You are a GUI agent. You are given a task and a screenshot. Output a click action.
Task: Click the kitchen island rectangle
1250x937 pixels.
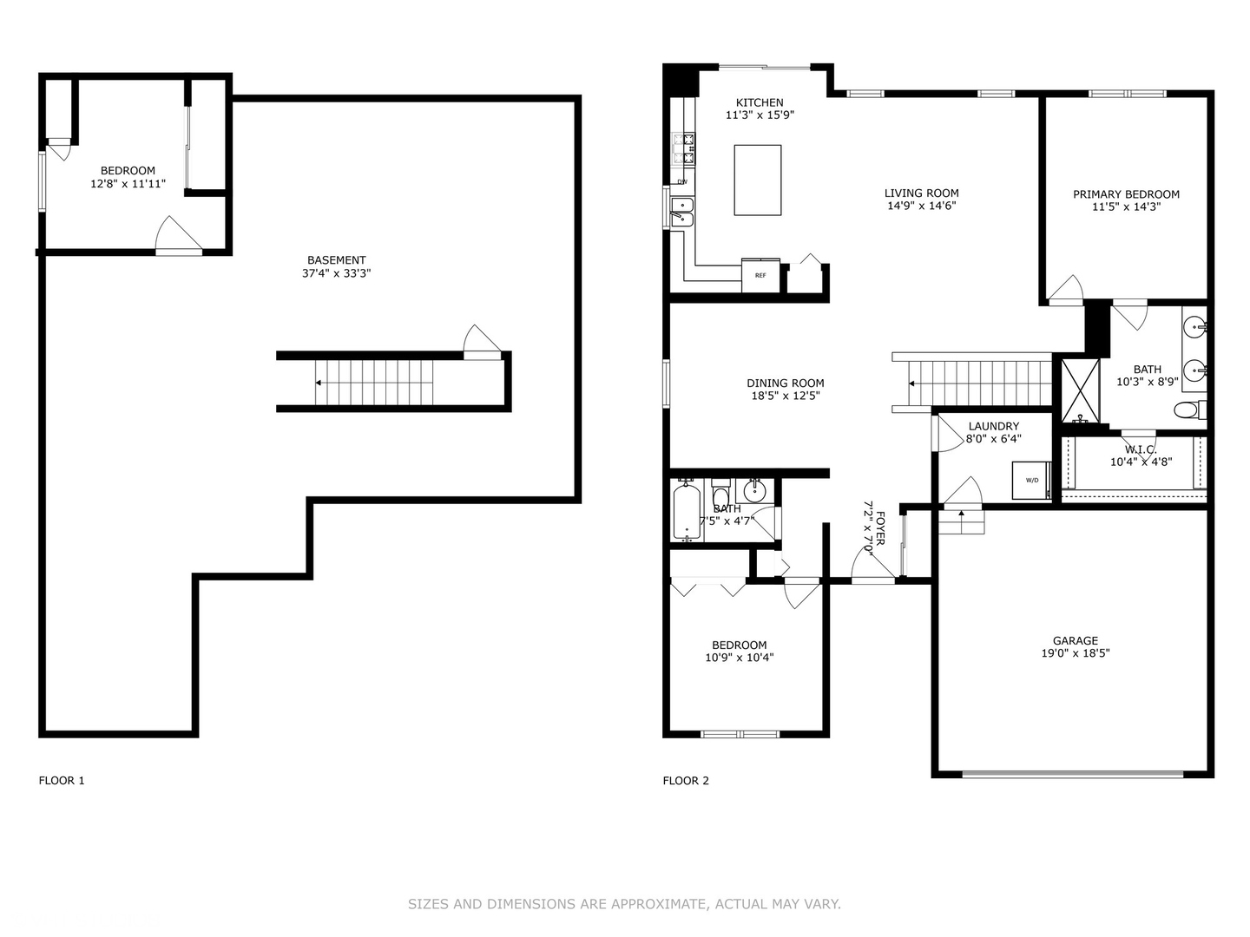pyautogui.click(x=757, y=180)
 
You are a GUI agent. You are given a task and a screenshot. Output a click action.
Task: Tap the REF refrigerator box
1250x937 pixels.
pyautogui.click(x=760, y=275)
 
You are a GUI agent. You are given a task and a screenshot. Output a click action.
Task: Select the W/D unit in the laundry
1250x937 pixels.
pyautogui.click(x=1031, y=480)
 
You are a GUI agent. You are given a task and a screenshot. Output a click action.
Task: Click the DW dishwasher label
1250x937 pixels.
pyautogui.click(x=682, y=181)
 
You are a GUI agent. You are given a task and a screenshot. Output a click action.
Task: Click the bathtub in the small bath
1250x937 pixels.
pyautogui.click(x=686, y=512)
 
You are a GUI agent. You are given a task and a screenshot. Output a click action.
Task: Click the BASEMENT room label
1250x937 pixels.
pyautogui.click(x=337, y=260)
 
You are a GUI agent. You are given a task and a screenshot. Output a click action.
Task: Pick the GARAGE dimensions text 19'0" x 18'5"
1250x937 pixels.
pyautogui.click(x=1076, y=653)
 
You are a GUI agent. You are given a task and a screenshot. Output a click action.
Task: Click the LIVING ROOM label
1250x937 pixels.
pyautogui.click(x=921, y=193)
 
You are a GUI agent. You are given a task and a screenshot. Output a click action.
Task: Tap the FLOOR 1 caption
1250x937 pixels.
pyautogui.click(x=62, y=780)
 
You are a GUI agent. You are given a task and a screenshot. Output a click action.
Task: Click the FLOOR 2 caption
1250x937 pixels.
pyautogui.click(x=686, y=780)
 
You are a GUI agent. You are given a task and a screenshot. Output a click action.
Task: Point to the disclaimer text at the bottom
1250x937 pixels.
pyautogui.click(x=624, y=904)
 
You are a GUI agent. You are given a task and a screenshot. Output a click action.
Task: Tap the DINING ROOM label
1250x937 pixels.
pyautogui.click(x=786, y=383)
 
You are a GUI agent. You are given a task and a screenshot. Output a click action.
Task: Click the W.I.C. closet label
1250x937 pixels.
pyautogui.click(x=1141, y=449)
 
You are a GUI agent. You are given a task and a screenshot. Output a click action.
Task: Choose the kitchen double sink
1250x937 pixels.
pyautogui.click(x=683, y=211)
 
